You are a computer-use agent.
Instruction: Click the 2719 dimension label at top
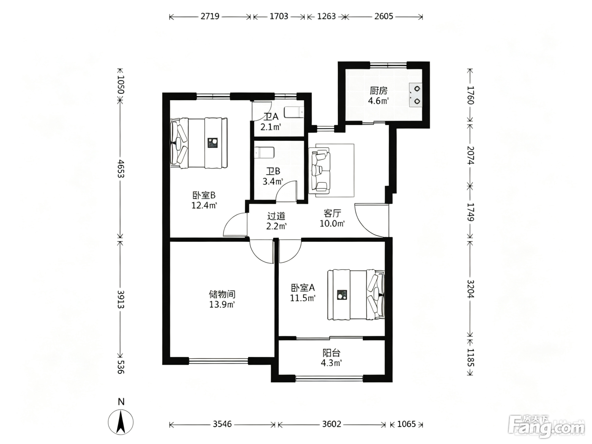tap(210, 16)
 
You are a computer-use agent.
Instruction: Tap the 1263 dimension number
tap(326, 16)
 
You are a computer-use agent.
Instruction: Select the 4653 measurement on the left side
tap(121, 168)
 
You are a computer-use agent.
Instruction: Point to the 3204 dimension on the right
tap(470, 289)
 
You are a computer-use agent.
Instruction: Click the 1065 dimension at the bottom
tap(406, 424)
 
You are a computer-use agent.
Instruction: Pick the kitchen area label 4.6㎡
tap(378, 101)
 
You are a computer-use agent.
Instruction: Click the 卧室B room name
tap(204, 195)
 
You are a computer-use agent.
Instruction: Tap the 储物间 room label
tap(222, 294)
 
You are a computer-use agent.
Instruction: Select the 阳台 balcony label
tap(332, 353)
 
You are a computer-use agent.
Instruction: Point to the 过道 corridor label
tap(276, 216)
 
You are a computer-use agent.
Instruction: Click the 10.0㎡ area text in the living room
tap(332, 224)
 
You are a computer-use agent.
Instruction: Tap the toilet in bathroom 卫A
tap(294, 112)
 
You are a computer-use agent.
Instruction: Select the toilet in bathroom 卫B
tap(264, 153)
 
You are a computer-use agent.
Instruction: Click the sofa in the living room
tap(320, 170)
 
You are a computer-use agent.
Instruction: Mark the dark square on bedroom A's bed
tap(342, 295)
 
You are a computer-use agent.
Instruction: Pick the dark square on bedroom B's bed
tap(213, 143)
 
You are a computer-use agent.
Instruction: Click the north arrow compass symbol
tap(121, 422)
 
